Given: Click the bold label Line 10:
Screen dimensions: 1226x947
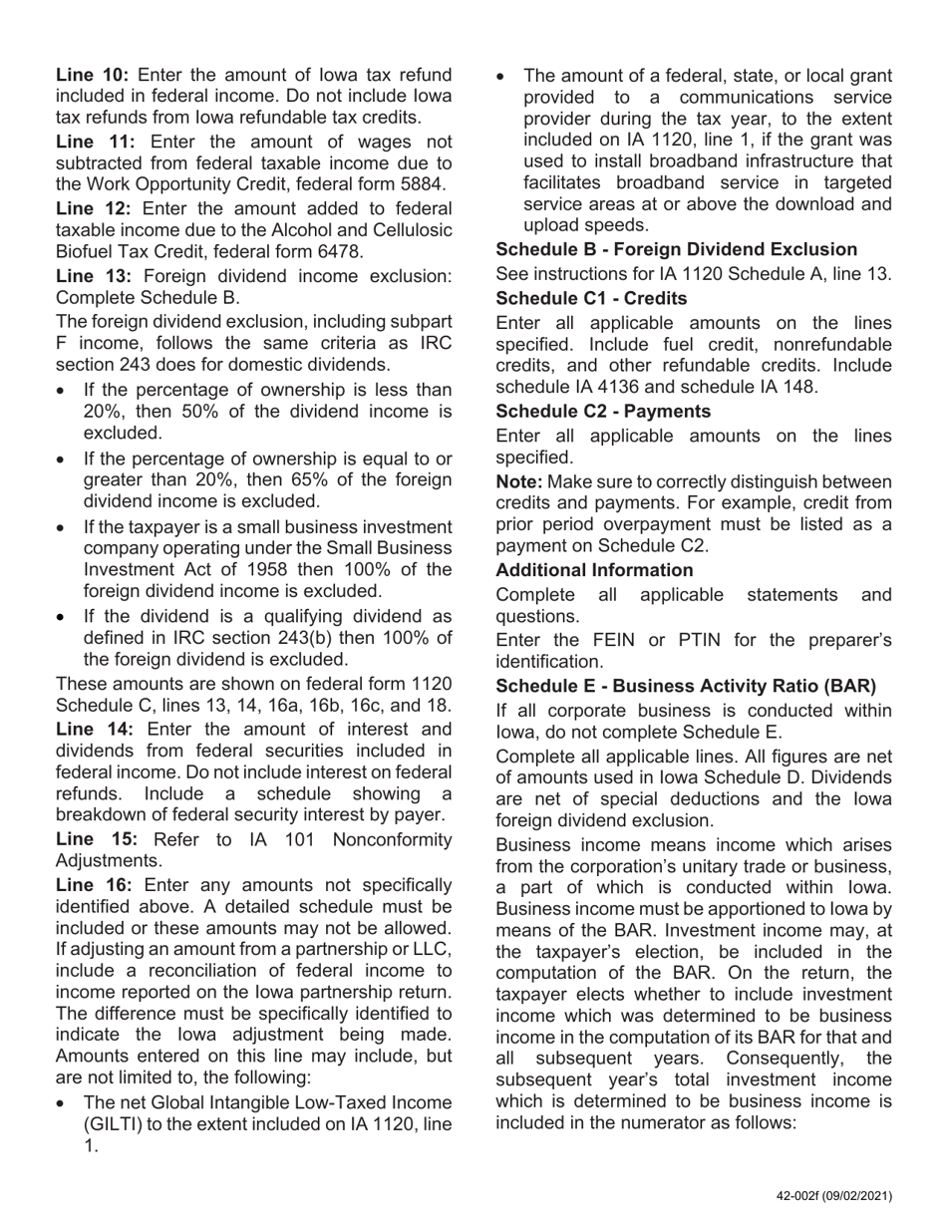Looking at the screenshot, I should [x=92, y=75].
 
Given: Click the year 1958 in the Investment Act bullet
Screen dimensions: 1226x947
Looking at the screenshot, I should [x=343, y=569].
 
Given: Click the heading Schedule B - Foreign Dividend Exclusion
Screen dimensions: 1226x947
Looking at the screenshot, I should [x=676, y=250].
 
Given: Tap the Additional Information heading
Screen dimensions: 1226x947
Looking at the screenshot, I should [x=594, y=570].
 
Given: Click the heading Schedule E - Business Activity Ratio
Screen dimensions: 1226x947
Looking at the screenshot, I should [x=686, y=686].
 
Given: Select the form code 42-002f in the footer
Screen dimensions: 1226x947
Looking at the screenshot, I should [x=805, y=1197].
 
